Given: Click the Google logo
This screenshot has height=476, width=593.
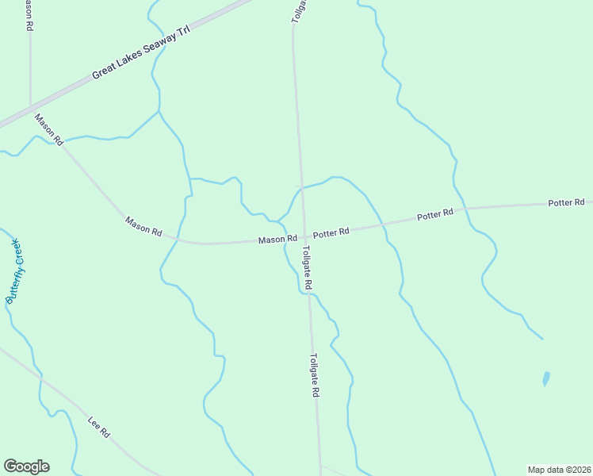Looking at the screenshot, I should click(26, 466).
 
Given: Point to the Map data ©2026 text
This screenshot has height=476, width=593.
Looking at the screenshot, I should click(559, 470).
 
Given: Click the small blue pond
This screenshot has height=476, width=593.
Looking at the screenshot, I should click(546, 378).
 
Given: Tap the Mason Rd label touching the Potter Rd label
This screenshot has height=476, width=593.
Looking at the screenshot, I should click(277, 239).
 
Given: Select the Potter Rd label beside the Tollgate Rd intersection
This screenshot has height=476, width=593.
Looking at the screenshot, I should click(331, 233).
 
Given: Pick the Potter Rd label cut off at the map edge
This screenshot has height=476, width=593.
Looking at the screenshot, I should click(567, 203).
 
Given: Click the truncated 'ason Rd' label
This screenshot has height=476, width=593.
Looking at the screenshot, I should click(29, 16).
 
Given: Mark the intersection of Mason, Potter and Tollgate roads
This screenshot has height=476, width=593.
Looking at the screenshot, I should click(303, 236).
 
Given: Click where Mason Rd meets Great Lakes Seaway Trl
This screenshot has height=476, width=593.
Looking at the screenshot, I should click(31, 108).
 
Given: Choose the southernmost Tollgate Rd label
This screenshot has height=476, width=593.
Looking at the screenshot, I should click(315, 374).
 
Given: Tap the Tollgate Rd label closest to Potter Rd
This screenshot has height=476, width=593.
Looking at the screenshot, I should click(308, 267).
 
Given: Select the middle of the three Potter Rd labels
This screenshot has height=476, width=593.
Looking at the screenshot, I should click(435, 214).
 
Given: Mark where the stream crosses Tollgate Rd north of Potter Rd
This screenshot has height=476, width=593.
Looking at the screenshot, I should click(300, 187).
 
